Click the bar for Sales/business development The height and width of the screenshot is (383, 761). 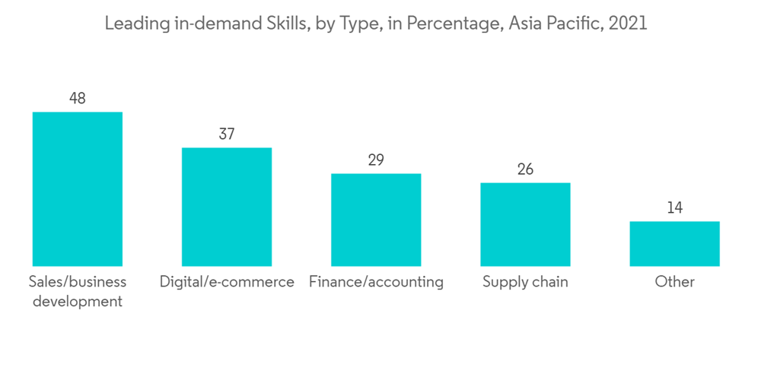[77, 189]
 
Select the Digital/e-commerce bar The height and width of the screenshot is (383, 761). [226, 207]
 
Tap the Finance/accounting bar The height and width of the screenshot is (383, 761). [376, 220]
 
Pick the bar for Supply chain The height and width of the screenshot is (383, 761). [525, 224]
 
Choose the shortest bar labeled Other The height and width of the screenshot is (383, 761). [674, 244]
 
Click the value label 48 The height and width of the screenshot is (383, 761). [77, 98]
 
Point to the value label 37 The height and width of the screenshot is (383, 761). [226, 134]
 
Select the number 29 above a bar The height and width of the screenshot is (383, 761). [376, 160]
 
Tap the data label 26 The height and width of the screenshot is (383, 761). [525, 169]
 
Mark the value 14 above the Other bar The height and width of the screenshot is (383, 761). [674, 207]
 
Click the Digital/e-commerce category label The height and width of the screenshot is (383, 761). [227, 282]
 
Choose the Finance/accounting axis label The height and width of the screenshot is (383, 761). [376, 282]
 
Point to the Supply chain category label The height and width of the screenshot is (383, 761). [525, 282]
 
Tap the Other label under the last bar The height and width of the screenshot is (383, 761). [674, 282]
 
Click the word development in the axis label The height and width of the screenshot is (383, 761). [77, 302]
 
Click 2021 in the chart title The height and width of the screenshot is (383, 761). [628, 24]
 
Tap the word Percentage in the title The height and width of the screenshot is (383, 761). [446, 24]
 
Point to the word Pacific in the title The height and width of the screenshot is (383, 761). [570, 24]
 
